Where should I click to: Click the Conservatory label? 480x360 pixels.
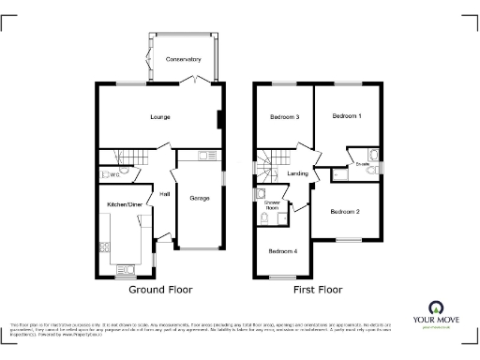pos(184,59)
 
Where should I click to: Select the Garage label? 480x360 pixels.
pos(199,198)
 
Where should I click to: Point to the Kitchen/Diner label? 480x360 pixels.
pos(123,203)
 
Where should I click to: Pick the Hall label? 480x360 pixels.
pos(164,194)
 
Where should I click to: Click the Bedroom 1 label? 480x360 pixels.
pos(346,115)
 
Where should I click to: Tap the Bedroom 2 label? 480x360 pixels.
pos(345,212)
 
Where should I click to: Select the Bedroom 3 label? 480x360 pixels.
pos(284,117)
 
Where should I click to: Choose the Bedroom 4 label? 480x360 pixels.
pos(283,251)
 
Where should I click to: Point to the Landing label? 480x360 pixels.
pos(298,173)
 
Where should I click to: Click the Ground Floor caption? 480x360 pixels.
pos(160,290)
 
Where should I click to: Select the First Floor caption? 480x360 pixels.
pos(317,290)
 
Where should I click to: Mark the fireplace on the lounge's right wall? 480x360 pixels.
pos(219,119)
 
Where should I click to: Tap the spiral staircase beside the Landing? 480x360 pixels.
pos(270,166)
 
